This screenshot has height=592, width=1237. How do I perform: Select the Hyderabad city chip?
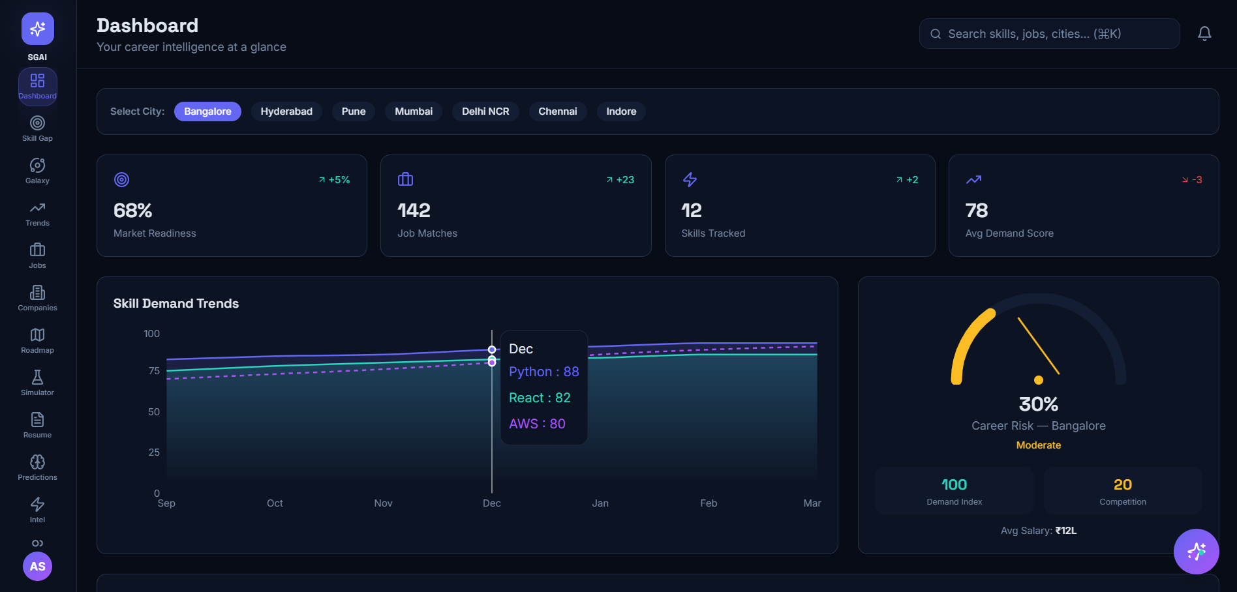click(286, 111)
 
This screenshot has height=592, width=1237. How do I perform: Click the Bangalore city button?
click(207, 111)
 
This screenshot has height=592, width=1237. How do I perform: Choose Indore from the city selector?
click(621, 111)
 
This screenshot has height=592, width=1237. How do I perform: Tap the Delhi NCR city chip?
click(485, 111)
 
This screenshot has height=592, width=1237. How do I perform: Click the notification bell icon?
click(1204, 34)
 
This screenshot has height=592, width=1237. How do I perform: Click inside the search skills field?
click(1049, 34)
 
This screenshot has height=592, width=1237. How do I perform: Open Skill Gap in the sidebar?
click(37, 128)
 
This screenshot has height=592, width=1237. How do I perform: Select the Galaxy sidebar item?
click(37, 171)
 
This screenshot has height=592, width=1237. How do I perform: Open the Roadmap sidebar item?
click(37, 340)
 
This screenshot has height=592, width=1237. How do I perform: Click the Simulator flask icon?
click(37, 377)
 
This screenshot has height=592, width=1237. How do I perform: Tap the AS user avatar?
click(37, 566)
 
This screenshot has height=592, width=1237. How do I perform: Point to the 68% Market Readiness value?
click(132, 211)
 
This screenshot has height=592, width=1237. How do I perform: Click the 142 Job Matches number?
click(414, 211)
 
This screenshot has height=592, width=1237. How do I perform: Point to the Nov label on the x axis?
click(383, 503)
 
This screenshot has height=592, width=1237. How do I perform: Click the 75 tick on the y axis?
click(154, 371)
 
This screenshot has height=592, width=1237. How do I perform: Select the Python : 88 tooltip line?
click(543, 372)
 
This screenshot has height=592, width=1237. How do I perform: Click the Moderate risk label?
click(1038, 445)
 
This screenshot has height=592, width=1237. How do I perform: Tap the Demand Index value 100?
click(954, 484)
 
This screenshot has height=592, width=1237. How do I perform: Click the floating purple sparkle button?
click(1196, 552)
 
